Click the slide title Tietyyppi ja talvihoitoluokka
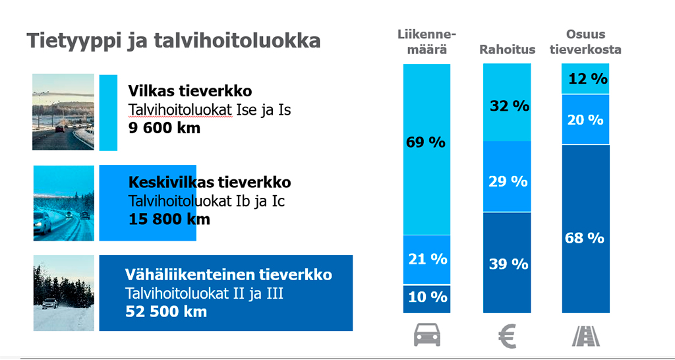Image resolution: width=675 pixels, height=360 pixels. pos(173,41)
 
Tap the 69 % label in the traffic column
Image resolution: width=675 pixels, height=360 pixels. pos(426,142)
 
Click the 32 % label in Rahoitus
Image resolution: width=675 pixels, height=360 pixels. pos(509,105)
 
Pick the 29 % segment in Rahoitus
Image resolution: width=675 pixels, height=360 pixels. pos(508,181)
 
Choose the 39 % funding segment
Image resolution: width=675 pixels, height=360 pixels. pos(508,264)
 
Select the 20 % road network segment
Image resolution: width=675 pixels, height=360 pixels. pos(585,119)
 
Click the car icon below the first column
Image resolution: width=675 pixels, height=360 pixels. pos(426,336)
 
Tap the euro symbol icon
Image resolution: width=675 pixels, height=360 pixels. pos(507,336)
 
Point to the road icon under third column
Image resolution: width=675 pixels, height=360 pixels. pos(585,336)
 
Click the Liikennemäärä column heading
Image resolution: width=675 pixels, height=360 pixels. pos(426,42)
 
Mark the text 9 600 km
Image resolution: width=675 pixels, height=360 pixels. pos(164,128)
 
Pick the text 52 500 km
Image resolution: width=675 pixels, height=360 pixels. pos(166,311)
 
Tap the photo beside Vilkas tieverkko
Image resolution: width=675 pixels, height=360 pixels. pos(63,112)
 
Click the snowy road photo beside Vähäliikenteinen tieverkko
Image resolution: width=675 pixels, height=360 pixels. pos(63,293)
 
